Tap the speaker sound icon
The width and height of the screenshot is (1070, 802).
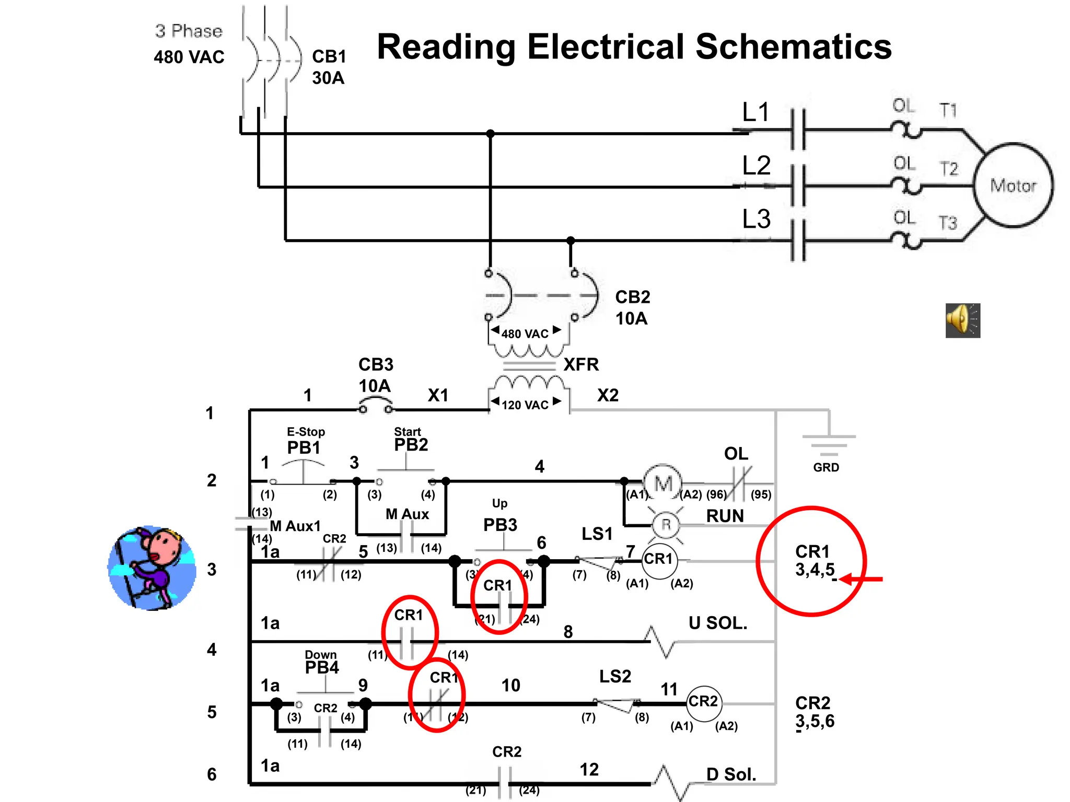point(962,320)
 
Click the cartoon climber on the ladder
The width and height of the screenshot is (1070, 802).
point(152,568)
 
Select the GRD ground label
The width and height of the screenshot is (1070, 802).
point(825,467)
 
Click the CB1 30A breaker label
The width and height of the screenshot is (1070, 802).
point(329,67)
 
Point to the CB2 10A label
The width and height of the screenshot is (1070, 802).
point(632,307)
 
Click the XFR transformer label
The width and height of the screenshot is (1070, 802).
point(581,364)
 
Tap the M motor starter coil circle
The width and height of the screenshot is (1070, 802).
point(662,483)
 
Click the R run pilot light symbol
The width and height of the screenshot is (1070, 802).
point(666,524)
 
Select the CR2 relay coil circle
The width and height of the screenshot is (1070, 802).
point(703,702)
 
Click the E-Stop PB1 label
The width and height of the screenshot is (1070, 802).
point(305,442)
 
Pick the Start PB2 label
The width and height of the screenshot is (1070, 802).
point(410,440)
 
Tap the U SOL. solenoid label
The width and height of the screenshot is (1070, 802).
point(718,622)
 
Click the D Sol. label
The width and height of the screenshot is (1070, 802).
point(731,774)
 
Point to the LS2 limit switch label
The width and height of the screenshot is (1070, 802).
point(615,676)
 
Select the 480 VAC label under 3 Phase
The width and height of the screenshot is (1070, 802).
point(189,56)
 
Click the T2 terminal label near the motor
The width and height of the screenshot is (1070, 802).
point(948,169)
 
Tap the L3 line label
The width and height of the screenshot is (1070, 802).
point(756,219)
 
